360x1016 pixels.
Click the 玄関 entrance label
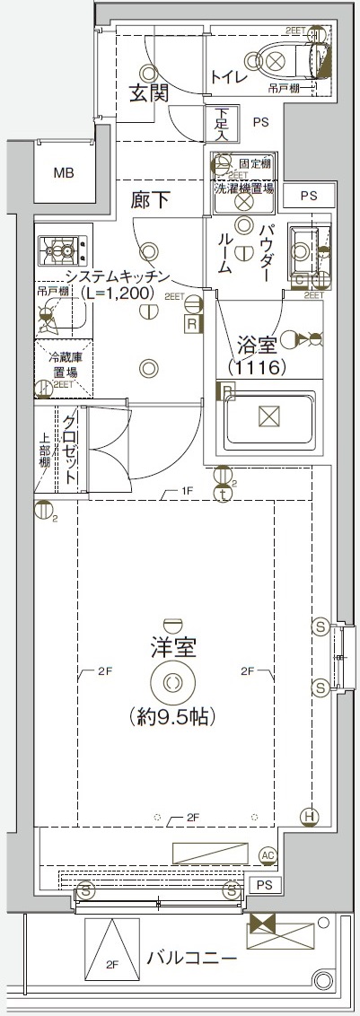click(x=148, y=92)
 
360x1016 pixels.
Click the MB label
click(x=63, y=173)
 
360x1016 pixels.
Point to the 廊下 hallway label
click(x=150, y=200)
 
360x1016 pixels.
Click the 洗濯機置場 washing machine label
click(x=243, y=188)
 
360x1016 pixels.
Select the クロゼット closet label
click(x=70, y=452)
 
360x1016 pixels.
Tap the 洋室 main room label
click(x=173, y=646)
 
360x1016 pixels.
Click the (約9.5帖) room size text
click(x=173, y=718)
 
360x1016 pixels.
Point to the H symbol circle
click(x=310, y=816)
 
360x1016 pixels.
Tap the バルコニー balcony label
click(x=192, y=959)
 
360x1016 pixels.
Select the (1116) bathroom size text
click(x=256, y=366)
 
